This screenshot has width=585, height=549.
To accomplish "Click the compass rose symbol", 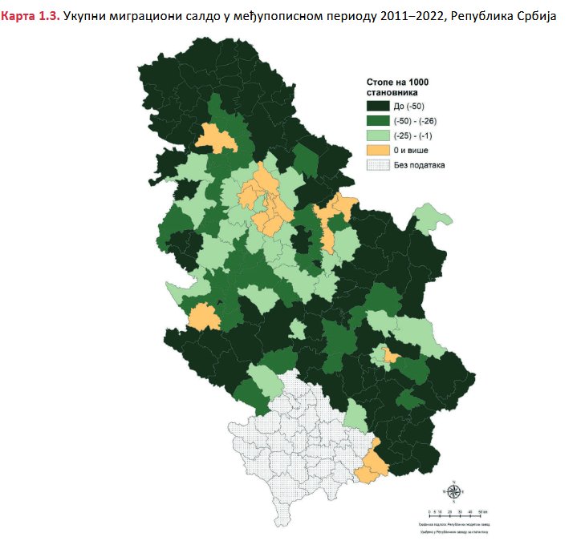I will pyautogui.click(x=453, y=492).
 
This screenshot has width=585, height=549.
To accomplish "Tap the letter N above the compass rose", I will pyautogui.click(x=453, y=482).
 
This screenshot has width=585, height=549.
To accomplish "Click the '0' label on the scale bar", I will pyautogui.click(x=431, y=510).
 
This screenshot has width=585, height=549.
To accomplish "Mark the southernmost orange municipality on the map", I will pyautogui.click(x=372, y=466).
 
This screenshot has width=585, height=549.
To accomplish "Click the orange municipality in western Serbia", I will pyautogui.click(x=204, y=317).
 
